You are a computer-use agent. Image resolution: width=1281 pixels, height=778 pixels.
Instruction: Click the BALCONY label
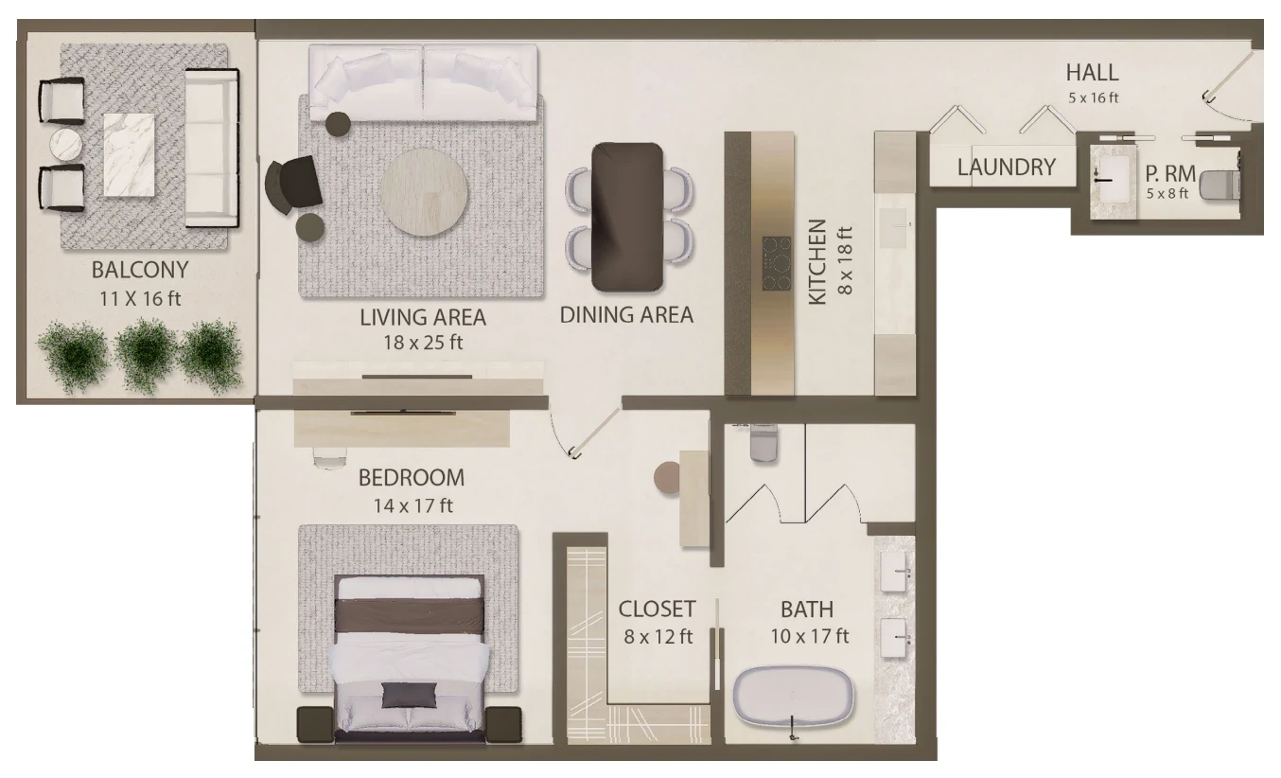click(140, 270)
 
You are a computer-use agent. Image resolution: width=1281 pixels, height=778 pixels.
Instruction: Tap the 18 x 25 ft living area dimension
click(423, 343)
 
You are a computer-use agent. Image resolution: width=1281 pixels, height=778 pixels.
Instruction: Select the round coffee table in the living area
click(424, 192)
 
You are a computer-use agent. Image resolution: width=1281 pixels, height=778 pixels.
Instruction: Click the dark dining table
click(627, 218)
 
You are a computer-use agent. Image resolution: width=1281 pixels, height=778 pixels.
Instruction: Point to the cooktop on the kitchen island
click(777, 263)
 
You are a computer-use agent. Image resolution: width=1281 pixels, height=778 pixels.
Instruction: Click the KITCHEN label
click(817, 261)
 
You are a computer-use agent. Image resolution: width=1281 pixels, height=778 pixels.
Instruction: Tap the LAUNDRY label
click(1007, 167)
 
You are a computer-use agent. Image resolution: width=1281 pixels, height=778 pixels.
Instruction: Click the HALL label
click(1093, 73)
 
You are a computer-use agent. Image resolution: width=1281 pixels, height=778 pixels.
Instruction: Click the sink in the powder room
click(1113, 179)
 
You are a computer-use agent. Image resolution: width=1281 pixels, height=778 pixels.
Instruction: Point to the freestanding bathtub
click(794, 698)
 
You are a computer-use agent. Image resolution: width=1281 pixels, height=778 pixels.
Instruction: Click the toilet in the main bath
click(764, 442)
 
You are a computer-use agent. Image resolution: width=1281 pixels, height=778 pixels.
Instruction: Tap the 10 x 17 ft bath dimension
click(809, 636)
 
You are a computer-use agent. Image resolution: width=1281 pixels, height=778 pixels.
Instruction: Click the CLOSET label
click(658, 610)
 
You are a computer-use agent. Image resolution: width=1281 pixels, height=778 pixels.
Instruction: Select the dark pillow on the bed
click(409, 695)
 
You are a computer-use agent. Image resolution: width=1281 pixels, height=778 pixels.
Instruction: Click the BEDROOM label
click(412, 478)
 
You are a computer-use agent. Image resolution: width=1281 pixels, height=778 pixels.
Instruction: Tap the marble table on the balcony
click(129, 155)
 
